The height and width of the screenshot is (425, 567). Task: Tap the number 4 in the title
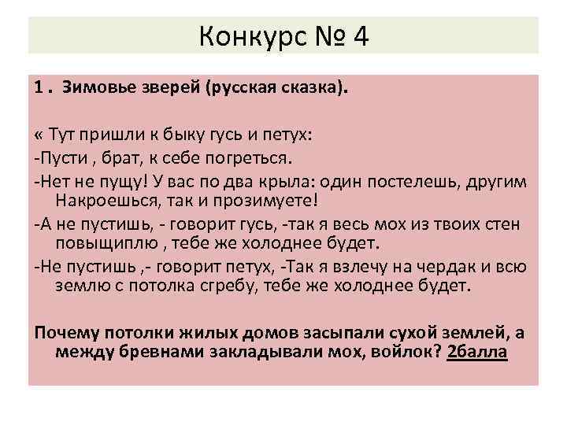[360, 36]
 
